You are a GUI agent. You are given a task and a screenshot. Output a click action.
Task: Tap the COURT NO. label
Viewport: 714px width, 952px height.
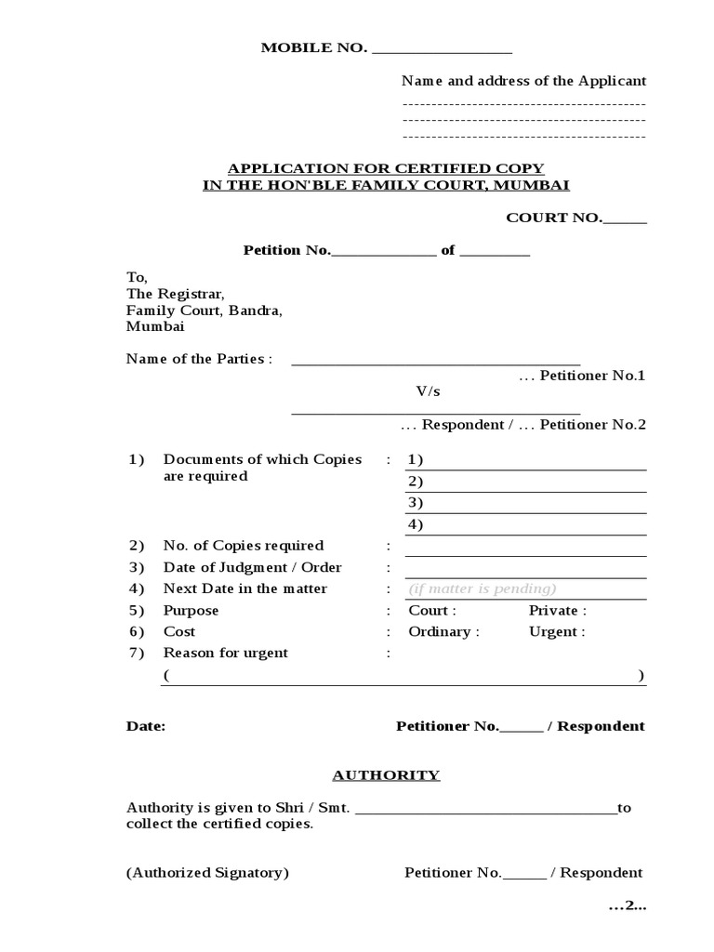click(x=554, y=218)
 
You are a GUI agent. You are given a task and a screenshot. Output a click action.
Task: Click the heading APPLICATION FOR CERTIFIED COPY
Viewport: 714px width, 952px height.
click(x=386, y=168)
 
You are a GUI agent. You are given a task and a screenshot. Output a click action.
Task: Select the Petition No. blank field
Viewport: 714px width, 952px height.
click(x=383, y=252)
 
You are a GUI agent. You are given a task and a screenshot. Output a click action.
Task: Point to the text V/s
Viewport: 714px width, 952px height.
click(x=428, y=392)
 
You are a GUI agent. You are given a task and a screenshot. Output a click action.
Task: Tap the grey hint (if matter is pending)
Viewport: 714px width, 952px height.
click(x=483, y=588)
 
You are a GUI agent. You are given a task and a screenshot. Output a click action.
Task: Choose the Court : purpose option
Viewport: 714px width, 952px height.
click(x=432, y=611)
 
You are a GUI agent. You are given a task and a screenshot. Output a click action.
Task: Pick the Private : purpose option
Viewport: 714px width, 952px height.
click(x=558, y=611)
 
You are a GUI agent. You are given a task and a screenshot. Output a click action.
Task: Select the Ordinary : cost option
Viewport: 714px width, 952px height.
click(x=444, y=632)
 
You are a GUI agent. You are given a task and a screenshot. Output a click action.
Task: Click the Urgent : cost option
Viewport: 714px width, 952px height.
click(x=557, y=632)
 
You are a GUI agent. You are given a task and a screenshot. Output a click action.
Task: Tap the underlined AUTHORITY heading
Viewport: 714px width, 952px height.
click(x=386, y=775)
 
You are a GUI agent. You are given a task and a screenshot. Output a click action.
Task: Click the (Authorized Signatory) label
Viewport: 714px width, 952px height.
click(x=207, y=873)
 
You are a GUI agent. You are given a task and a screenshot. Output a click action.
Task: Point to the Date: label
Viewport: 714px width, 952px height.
click(x=146, y=727)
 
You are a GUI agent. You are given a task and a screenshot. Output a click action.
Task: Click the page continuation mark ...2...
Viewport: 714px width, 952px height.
click(x=627, y=906)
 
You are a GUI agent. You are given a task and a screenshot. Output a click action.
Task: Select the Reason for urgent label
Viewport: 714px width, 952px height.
click(x=226, y=654)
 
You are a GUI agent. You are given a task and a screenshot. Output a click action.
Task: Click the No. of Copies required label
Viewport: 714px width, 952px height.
click(x=244, y=546)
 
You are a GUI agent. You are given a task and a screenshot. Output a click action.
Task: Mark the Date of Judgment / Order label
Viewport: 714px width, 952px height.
click(x=253, y=567)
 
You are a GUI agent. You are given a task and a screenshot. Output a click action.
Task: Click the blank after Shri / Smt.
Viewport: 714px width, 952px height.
click(x=485, y=809)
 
